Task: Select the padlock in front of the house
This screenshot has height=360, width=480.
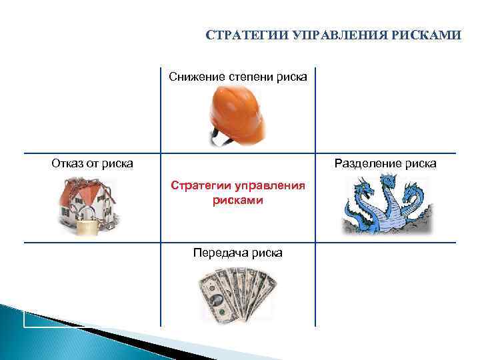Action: (x=87, y=226)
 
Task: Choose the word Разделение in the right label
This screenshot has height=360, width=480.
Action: (x=369, y=163)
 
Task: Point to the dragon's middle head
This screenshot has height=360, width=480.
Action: (x=386, y=184)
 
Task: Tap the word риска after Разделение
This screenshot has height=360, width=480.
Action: (x=422, y=163)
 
